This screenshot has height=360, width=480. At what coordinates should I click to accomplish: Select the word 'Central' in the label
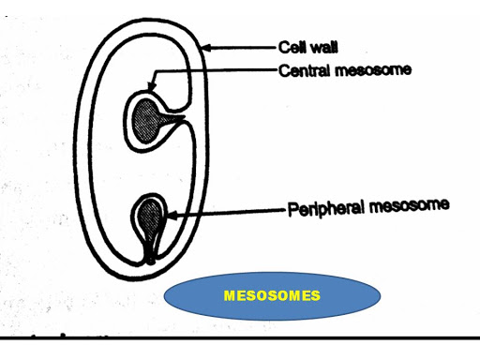click(300, 68)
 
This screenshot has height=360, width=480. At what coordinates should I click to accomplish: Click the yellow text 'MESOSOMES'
click(273, 296)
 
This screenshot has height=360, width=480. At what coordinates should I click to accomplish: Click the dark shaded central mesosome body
click(145, 116)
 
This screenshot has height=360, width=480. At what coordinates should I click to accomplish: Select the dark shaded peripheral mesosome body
click(148, 218)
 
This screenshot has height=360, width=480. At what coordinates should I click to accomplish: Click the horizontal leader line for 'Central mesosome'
click(225, 68)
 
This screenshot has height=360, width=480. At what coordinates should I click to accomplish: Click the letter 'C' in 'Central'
click(282, 68)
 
